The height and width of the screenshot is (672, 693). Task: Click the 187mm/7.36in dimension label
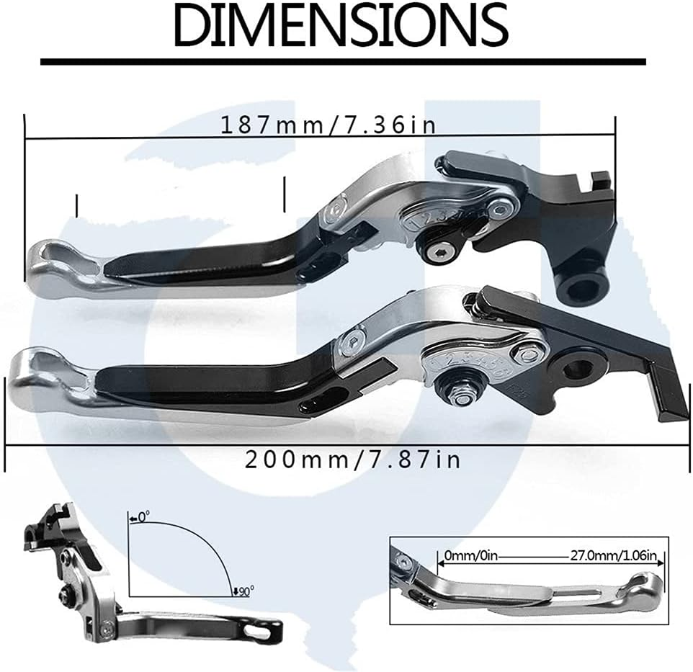(328, 125)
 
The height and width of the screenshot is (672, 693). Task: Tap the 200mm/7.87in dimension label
(352, 459)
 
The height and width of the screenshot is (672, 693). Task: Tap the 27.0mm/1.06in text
(611, 556)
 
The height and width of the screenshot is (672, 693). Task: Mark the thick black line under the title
(342, 62)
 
